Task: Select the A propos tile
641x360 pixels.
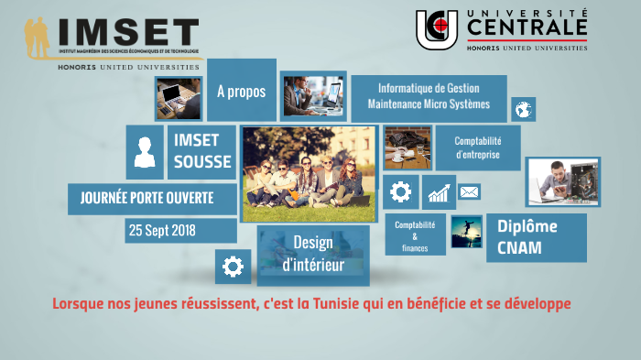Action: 241,92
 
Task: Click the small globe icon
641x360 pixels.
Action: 524,110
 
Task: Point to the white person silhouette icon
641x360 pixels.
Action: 145,152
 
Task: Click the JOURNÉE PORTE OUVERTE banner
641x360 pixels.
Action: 147,198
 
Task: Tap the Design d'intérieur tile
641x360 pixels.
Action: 313,254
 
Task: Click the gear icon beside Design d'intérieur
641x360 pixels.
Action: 233,267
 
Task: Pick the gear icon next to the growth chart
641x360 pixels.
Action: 400,192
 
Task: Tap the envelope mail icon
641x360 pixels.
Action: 469,192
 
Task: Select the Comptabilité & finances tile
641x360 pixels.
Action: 415,235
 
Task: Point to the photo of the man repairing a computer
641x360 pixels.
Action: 563,181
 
